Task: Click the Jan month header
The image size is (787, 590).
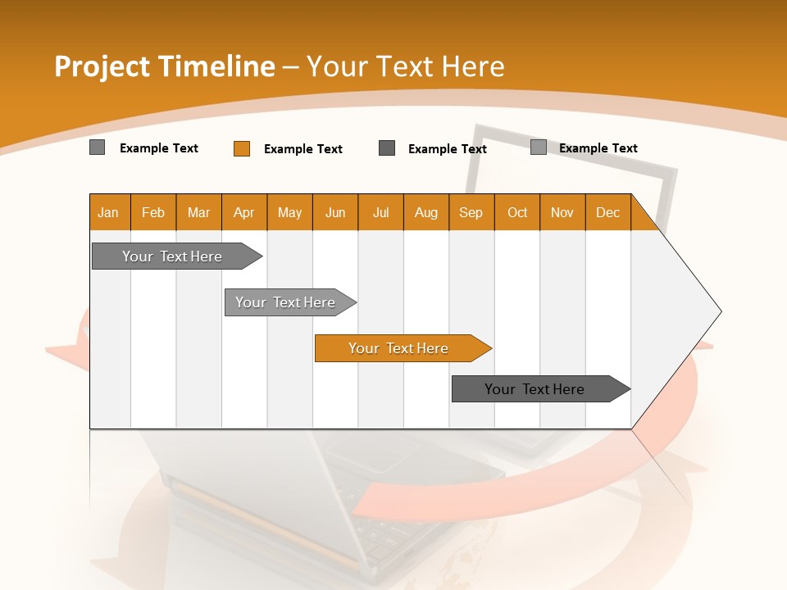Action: (x=108, y=212)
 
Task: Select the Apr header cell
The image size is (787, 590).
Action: (x=244, y=212)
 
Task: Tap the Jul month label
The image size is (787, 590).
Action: (x=381, y=212)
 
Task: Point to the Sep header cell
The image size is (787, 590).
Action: (x=471, y=212)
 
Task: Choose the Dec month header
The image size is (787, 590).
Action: (x=607, y=212)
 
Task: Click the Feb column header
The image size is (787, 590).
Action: (x=153, y=212)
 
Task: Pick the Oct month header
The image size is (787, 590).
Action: (x=517, y=212)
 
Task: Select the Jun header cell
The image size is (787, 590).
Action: (x=335, y=212)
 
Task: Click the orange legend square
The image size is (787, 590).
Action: (x=242, y=148)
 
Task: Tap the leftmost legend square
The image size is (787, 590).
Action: (x=98, y=147)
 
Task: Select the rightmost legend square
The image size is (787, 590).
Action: (x=539, y=147)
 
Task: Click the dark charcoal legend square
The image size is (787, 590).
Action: (x=387, y=148)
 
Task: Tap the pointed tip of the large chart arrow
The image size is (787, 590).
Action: (x=719, y=311)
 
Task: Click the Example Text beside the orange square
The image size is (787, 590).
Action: (x=303, y=149)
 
